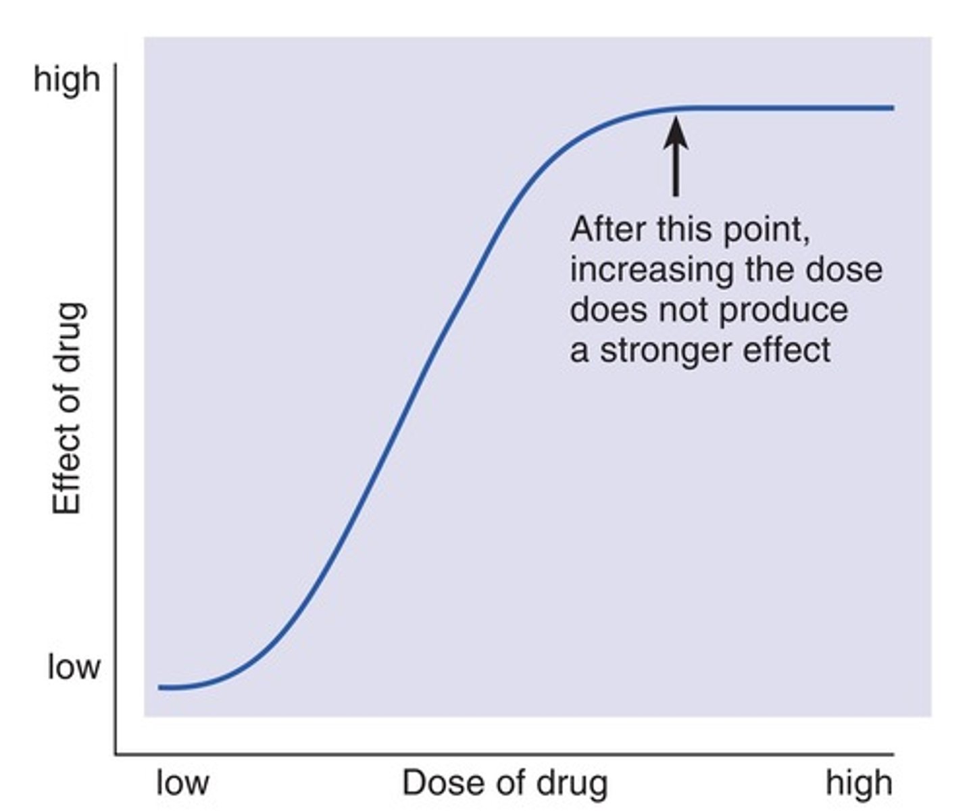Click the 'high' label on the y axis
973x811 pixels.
click(67, 80)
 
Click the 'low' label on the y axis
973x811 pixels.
click(74, 667)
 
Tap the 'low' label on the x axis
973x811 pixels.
click(182, 783)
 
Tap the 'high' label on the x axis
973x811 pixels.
click(859, 783)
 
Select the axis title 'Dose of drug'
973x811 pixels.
click(505, 783)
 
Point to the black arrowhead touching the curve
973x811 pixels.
click(676, 132)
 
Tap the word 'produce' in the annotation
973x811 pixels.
click(783, 310)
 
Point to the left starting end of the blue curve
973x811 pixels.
click(161, 687)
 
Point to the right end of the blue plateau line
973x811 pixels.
click(891, 107)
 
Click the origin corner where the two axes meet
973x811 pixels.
click(116, 753)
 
